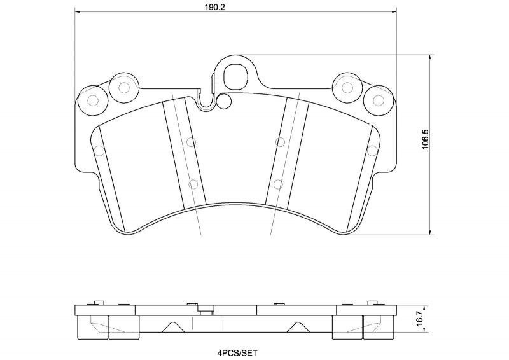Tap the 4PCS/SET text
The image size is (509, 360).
click(x=236, y=352)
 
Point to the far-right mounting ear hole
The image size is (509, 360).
click(x=379, y=100)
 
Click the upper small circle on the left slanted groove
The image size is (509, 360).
click(x=190, y=142)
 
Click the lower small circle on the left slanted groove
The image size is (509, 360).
click(x=193, y=184)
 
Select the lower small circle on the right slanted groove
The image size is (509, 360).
click(x=277, y=184)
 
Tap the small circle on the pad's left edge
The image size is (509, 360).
click(x=99, y=151)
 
